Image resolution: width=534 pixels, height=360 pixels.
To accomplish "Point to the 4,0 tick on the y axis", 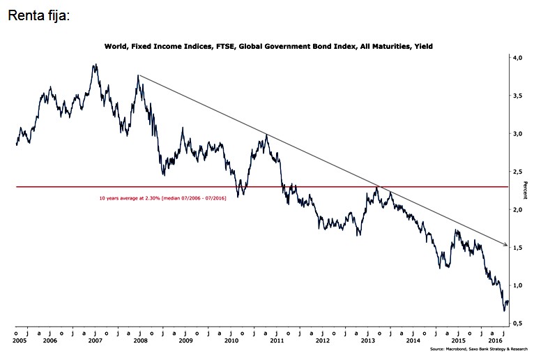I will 518,58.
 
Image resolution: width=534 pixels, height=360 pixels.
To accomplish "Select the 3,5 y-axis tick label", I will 518,96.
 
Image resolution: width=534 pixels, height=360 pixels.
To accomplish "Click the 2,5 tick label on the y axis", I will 518,172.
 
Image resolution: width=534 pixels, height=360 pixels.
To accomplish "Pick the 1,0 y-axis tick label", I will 518,285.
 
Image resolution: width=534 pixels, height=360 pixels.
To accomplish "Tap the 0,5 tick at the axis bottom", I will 518,323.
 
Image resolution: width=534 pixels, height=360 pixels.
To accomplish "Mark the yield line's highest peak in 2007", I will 95,65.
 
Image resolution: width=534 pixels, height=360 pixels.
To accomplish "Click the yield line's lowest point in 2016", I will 504,310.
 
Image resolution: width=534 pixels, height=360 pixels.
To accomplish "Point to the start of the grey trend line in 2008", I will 139,75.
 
